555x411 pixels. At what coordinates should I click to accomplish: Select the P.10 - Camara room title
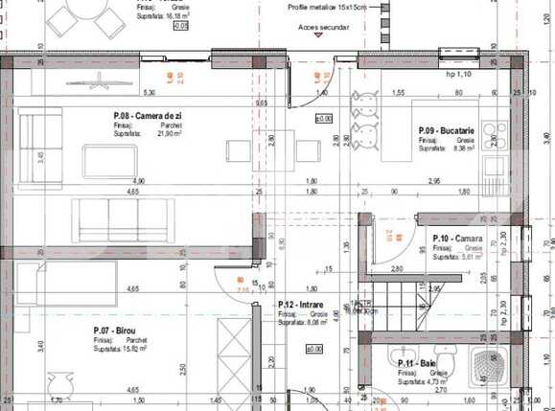pyautogui.click(x=458, y=238)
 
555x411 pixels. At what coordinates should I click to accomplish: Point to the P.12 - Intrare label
pyautogui.click(x=302, y=305)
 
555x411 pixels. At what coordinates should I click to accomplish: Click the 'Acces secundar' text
pyautogui.click(x=323, y=28)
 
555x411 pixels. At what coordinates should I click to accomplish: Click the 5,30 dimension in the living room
pyautogui.click(x=150, y=92)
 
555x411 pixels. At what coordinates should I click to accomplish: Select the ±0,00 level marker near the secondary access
pyautogui.click(x=324, y=119)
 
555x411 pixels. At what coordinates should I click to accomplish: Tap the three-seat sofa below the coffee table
pyautogui.click(x=126, y=221)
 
